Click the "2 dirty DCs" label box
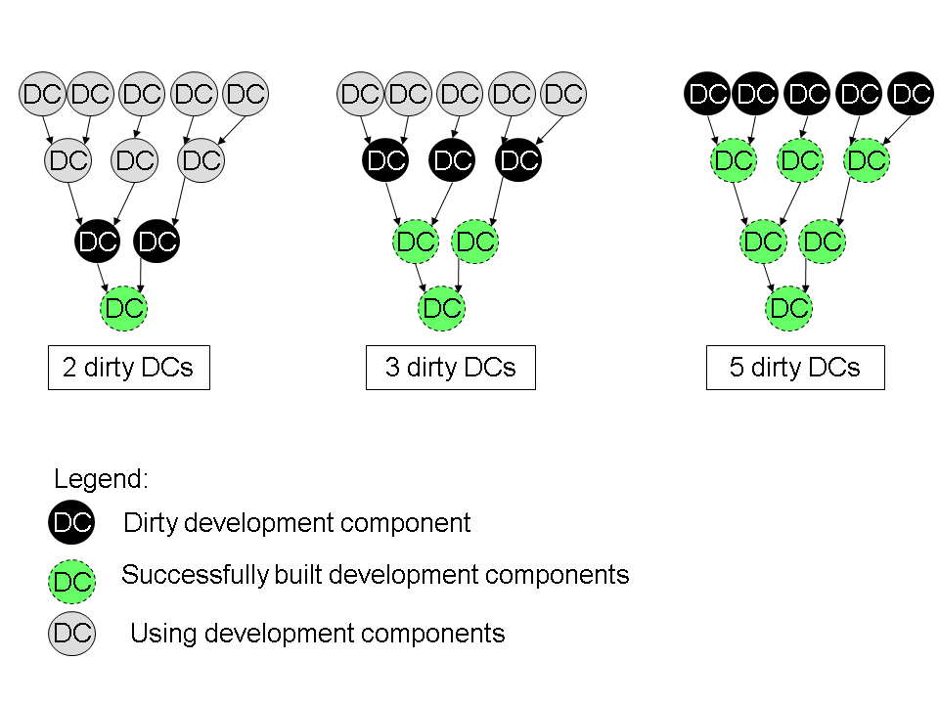pyautogui.click(x=128, y=368)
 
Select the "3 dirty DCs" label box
pyautogui.click(x=450, y=368)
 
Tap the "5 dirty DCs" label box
pyautogui.click(x=794, y=368)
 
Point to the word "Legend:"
pyautogui.click(x=101, y=479)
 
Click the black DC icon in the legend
pyautogui.click(x=71, y=522)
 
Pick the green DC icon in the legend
pyautogui.click(x=71, y=582)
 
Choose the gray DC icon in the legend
pyautogui.click(x=71, y=633)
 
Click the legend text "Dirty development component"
pyautogui.click(x=296, y=523)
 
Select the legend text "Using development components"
pyautogui.click(x=317, y=634)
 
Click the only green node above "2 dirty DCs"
pyautogui.click(x=124, y=309)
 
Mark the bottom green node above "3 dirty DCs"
pyautogui.click(x=441, y=309)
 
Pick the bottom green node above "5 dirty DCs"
pyautogui.click(x=788, y=309)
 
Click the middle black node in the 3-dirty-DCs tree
pyautogui.click(x=452, y=160)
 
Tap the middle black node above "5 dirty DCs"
pyautogui.click(x=808, y=95)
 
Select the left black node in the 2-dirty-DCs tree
pyautogui.click(x=97, y=242)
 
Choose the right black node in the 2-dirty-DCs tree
pyautogui.click(x=156, y=242)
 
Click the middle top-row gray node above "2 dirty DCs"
pyautogui.click(x=142, y=95)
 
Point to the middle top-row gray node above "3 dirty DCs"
pyautogui.click(x=461, y=95)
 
